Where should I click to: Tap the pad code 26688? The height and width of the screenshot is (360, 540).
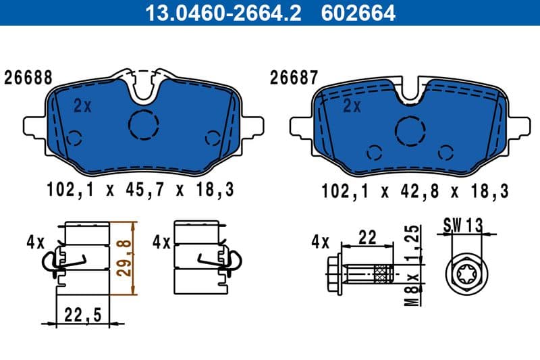tap(28, 78)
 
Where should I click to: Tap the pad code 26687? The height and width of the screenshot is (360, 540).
tap(294, 78)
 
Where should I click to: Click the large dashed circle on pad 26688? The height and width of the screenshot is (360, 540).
tap(143, 124)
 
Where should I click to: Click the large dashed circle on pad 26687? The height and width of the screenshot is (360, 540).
tap(410, 130)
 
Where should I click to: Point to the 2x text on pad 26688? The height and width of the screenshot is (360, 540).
tap(82, 105)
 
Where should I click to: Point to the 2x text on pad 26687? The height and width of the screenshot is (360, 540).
tap(352, 105)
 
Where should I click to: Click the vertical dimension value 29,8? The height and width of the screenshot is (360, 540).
tap(124, 258)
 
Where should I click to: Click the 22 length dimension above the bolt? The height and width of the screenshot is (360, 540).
tap(367, 237)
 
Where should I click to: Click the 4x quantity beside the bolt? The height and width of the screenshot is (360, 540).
tap(320, 241)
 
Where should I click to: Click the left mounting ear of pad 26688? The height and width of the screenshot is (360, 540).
tap(32, 126)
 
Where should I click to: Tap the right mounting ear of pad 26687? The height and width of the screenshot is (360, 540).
tap(520, 126)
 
